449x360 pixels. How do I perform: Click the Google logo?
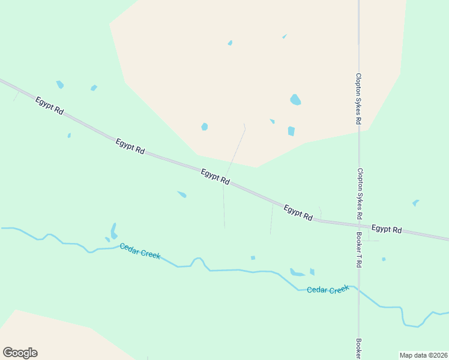coord(20,353)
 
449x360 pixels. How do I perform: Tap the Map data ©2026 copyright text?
coord(423,355)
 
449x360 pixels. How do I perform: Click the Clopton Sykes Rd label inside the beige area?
coord(358,99)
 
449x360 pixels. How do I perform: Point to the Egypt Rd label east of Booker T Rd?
coord(387,229)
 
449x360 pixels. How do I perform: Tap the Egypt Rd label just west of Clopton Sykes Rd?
coord(298,213)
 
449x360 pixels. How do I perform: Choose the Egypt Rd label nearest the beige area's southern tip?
coord(215,176)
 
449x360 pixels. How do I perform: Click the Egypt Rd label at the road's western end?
coord(49,106)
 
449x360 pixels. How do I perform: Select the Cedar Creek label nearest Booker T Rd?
coord(328,290)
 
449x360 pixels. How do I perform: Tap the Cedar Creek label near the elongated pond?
coord(140,251)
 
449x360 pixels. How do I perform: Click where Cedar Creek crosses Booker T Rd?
coord(359,290)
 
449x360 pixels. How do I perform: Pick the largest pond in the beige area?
coord(295,100)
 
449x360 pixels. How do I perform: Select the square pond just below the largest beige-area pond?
coord(291,131)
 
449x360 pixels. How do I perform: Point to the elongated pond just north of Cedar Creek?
coord(113,231)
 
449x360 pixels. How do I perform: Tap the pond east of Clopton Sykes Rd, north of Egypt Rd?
coord(415,203)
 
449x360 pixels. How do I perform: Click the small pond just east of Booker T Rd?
coord(384,259)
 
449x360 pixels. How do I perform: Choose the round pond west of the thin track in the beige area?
coord(205,127)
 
